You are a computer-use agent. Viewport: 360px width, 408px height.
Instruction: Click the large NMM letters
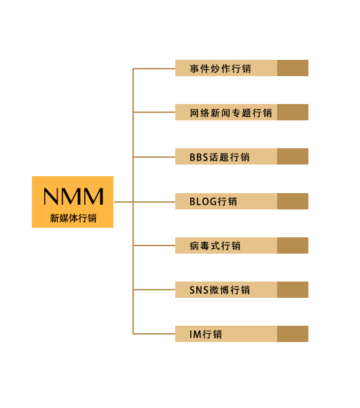click(73, 197)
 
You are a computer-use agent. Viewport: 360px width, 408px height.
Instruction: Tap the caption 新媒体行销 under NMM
click(73, 218)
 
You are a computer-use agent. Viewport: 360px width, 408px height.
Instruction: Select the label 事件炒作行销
click(220, 69)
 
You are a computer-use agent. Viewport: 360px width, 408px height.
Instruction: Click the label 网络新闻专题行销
click(230, 113)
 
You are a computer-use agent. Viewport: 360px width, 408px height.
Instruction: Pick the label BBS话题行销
click(219, 157)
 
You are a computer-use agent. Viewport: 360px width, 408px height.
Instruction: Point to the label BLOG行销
click(213, 201)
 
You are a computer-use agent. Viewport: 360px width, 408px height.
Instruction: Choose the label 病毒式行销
click(215, 245)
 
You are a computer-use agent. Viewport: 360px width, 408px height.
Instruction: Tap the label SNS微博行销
click(219, 290)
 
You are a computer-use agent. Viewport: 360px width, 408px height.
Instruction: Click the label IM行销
click(206, 334)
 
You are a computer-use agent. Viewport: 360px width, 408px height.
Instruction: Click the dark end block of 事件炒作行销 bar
click(293, 68)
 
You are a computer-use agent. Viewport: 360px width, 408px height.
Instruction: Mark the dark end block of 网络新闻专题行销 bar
click(293, 112)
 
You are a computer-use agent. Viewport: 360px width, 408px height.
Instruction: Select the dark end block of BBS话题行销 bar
click(293, 156)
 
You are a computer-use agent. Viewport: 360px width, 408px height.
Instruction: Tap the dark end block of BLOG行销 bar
click(293, 201)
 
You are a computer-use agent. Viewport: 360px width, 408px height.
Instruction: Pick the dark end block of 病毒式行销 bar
click(293, 245)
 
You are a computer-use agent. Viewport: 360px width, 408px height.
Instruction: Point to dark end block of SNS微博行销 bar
click(293, 290)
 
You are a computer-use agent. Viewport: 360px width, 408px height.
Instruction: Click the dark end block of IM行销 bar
click(293, 334)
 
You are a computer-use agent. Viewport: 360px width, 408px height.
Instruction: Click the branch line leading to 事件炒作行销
click(154, 69)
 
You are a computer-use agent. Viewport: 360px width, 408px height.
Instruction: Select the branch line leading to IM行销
click(154, 334)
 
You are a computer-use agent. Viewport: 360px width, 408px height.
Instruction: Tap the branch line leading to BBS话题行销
click(154, 157)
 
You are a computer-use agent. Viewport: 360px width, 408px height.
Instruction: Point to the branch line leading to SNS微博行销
click(154, 290)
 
